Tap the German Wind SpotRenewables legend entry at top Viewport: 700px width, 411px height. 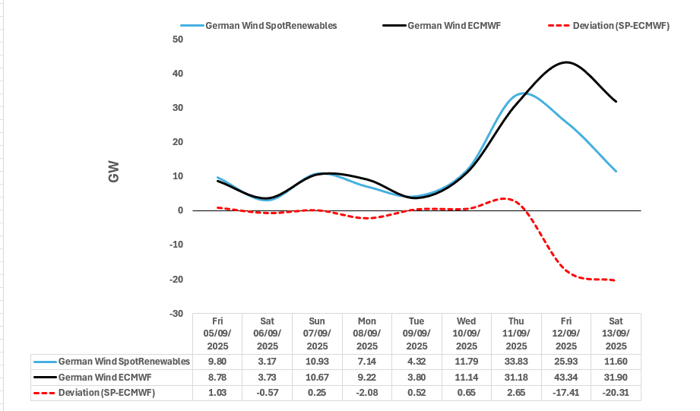[271, 25]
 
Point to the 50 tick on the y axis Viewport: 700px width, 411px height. [178, 39]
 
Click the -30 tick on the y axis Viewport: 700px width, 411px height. [176, 313]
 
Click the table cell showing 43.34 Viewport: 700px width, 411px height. [566, 377]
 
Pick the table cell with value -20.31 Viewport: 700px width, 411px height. [616, 393]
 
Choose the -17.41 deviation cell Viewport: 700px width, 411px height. [566, 393]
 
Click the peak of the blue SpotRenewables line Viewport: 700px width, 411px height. [522, 93]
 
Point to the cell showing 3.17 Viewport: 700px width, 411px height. [267, 361]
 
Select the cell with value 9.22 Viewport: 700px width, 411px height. [367, 377]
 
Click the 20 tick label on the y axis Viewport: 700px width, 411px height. [178, 142]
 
